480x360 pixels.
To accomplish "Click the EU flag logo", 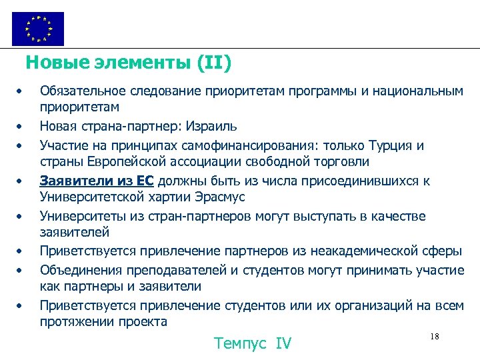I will click(x=38, y=29).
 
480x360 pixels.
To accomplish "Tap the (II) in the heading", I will click(x=214, y=63).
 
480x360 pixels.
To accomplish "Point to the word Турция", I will click(x=391, y=145).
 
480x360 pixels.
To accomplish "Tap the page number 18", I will click(x=434, y=337).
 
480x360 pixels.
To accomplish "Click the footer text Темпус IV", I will click(x=253, y=343).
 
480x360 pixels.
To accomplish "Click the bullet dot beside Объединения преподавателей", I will click(x=21, y=270).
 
